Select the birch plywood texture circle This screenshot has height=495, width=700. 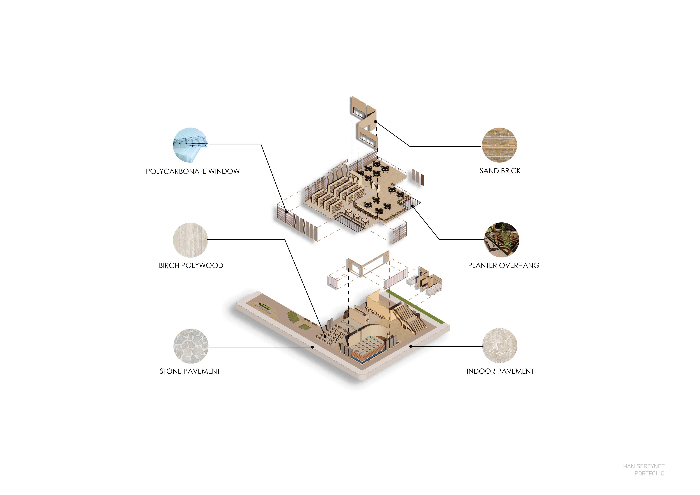coord(190,240)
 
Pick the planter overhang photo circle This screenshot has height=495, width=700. coord(501,240)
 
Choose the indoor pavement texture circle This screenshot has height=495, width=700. coord(499,346)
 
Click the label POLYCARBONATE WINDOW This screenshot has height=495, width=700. coord(193,171)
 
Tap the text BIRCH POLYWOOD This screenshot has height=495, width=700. coord(191,265)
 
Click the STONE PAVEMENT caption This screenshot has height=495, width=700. coord(190,371)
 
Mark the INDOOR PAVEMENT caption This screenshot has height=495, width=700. coord(500,371)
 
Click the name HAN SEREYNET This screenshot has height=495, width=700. coord(643,466)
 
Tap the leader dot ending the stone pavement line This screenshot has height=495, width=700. coord(312,347)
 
